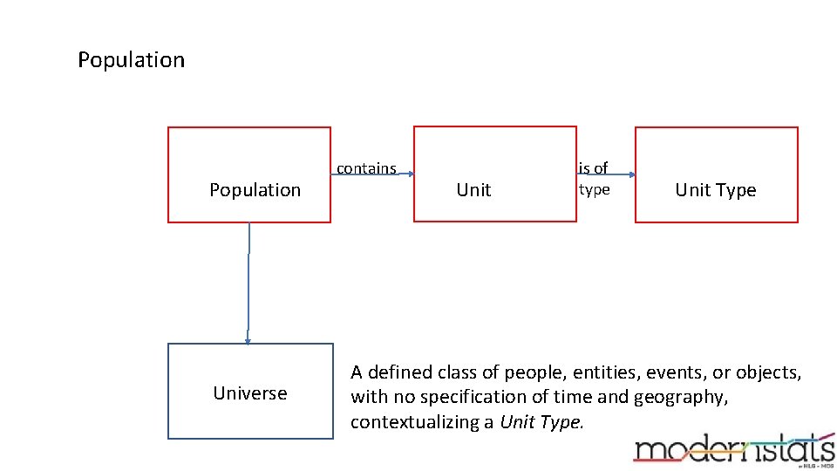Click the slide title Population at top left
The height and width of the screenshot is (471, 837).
tap(131, 60)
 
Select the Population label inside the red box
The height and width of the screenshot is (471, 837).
tap(255, 190)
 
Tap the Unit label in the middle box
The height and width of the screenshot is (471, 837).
tap(473, 190)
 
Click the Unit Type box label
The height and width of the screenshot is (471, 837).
tap(715, 190)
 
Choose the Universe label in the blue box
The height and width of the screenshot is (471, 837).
tap(249, 393)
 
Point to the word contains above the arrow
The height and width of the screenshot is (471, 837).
tap(366, 168)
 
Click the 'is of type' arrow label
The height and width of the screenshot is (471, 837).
tap(594, 178)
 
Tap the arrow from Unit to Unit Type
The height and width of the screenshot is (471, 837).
tap(606, 174)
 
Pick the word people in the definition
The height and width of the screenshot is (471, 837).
tap(534, 372)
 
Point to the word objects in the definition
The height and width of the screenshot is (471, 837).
tap(767, 372)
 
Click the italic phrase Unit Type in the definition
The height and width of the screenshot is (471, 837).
tap(541, 422)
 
